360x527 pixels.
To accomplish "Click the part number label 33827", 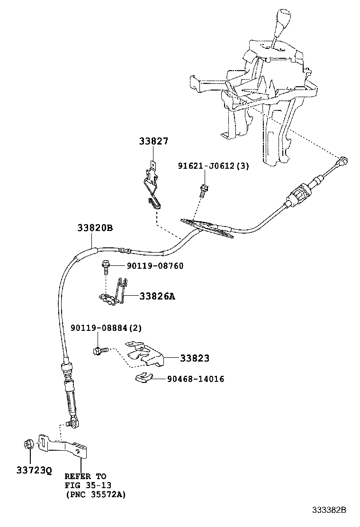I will click(x=153, y=141).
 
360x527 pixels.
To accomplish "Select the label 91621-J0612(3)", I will click(x=213, y=166).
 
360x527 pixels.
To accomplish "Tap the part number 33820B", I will click(x=95, y=227).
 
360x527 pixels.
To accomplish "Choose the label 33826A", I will click(x=157, y=297).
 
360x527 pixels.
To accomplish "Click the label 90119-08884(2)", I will click(x=106, y=328).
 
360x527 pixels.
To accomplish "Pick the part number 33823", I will click(x=194, y=359).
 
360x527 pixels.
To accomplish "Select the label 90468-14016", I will click(x=195, y=379).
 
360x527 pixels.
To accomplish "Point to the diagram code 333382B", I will click(x=329, y=510).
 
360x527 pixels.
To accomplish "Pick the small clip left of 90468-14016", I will click(x=142, y=378).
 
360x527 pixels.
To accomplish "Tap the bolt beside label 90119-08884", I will click(x=99, y=351).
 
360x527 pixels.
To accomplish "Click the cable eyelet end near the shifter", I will click(x=343, y=162).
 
